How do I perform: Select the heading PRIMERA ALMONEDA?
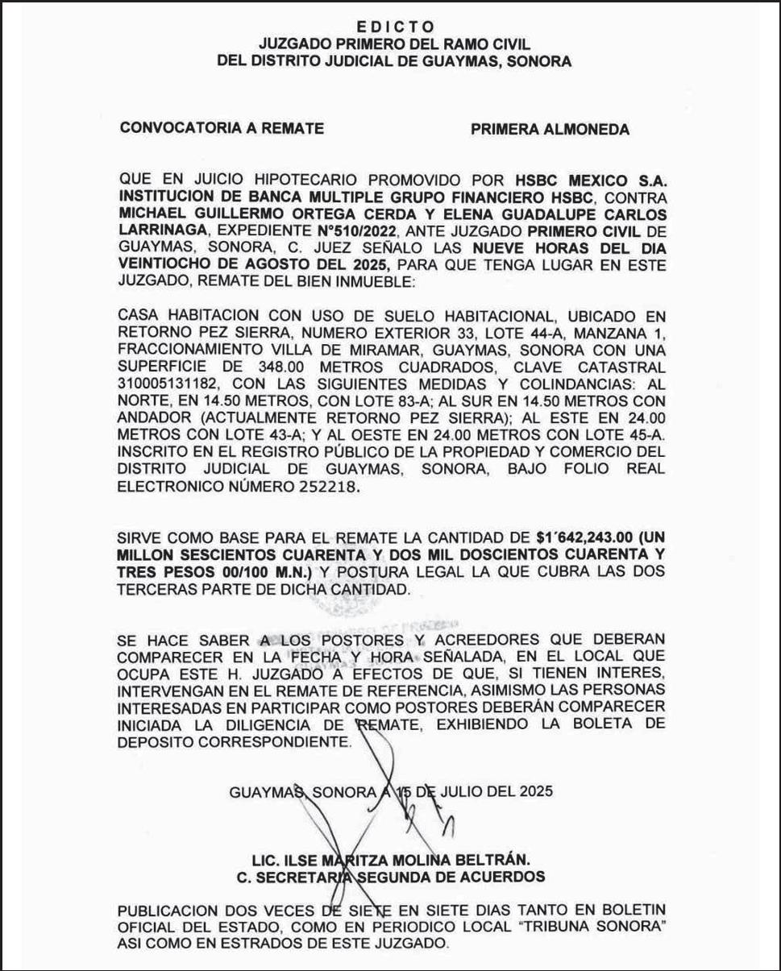tap(550, 129)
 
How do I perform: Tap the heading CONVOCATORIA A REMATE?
tap(222, 128)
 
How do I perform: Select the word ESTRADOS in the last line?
tap(262, 942)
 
